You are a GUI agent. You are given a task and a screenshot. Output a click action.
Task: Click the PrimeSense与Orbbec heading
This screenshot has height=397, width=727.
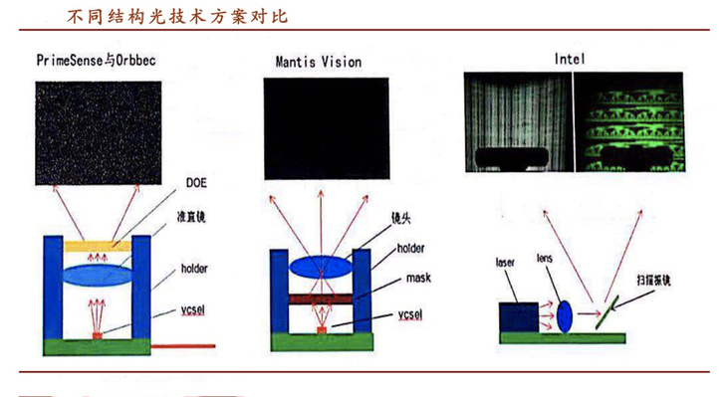[x=96, y=60]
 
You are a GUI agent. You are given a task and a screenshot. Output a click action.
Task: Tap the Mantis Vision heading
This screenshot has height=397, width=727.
[x=319, y=61]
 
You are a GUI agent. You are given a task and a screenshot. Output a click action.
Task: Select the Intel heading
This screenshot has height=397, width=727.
[x=570, y=59]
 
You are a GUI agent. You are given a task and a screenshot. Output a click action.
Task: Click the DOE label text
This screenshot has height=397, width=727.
[x=195, y=184]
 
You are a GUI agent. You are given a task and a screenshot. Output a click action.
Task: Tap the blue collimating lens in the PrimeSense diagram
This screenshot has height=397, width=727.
[x=97, y=274]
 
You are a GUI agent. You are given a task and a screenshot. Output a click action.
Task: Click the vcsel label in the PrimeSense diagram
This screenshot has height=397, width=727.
[x=194, y=309]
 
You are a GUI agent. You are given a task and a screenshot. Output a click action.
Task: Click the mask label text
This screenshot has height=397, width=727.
[x=411, y=281]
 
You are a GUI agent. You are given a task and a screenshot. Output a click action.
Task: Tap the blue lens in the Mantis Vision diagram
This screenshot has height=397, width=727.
[x=320, y=265]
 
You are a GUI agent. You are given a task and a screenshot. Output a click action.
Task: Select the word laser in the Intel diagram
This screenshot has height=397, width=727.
[x=506, y=263]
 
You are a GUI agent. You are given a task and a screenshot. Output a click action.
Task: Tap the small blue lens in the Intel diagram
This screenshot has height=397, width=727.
[x=564, y=316]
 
